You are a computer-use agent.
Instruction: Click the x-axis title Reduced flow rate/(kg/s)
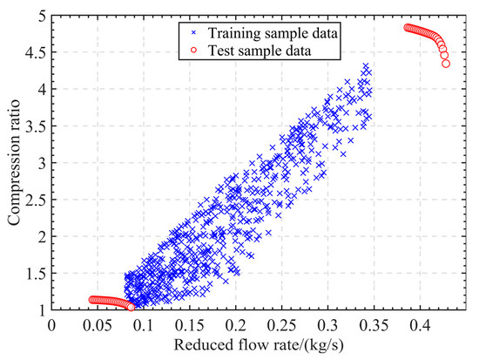260,347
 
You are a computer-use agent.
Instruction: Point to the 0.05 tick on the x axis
98,309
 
